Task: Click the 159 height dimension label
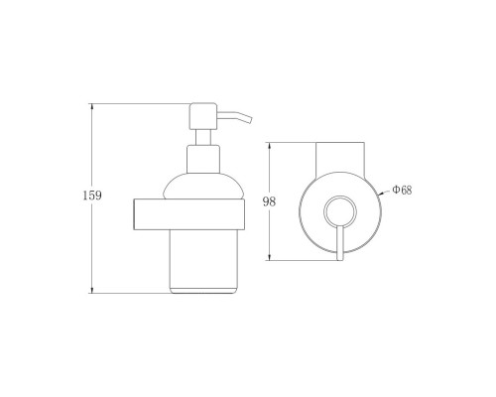[x=92, y=196]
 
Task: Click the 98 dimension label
[x=269, y=201]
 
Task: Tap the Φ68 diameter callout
[x=402, y=190]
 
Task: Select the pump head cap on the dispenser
[x=203, y=116]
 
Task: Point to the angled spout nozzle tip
[x=250, y=119]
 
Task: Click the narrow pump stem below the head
[x=203, y=137]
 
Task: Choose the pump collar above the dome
[x=203, y=159]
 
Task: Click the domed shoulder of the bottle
[x=203, y=186]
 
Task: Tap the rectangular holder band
[x=189, y=214]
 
